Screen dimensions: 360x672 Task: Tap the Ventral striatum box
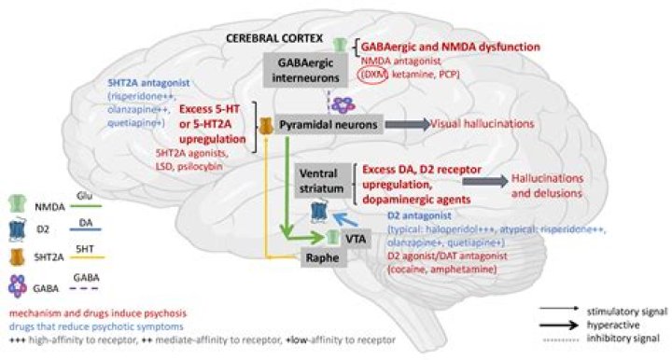(x=320, y=180)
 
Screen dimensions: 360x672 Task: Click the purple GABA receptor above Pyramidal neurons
(x=343, y=104)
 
